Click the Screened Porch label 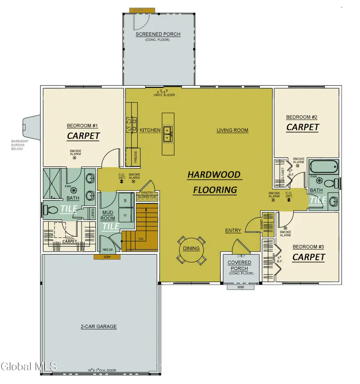point(158,34)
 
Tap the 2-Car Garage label point(98,326)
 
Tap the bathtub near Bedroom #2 point(324,166)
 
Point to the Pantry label point(147,193)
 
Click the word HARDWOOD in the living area point(214,175)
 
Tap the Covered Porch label point(240,266)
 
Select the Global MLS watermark point(29,366)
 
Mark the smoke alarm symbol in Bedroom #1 point(74,158)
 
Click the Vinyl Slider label point(164,95)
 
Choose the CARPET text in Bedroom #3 point(308,257)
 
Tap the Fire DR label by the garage point(105,250)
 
